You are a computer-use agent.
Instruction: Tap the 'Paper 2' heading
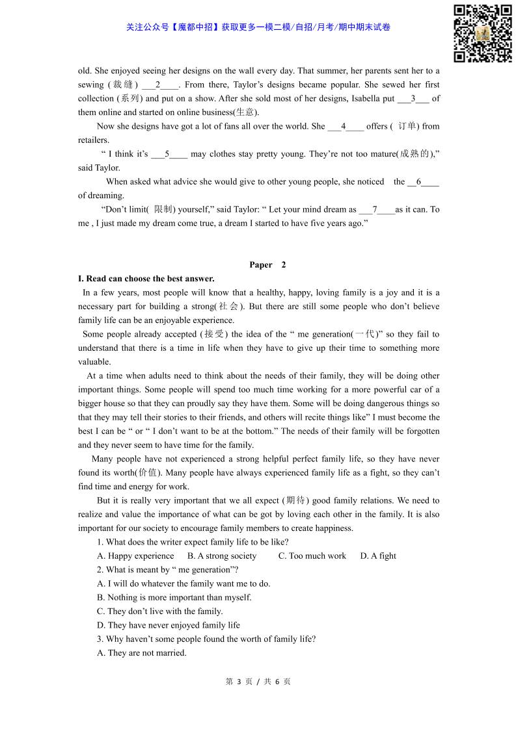pos(267,265)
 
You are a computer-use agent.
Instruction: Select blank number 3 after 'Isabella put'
pos(413,99)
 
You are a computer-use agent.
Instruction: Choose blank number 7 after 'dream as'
pos(376,210)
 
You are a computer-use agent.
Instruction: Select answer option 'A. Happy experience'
pos(135,556)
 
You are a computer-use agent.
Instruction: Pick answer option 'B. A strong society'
pos(222,556)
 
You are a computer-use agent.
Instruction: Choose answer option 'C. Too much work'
pos(312,556)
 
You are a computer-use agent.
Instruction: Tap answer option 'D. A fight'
pos(378,556)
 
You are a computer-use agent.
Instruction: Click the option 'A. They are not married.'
pos(142,653)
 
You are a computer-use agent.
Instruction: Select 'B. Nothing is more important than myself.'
pos(174,598)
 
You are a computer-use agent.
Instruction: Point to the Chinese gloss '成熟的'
pos(414,155)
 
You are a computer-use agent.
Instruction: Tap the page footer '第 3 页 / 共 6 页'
pos(258,682)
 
